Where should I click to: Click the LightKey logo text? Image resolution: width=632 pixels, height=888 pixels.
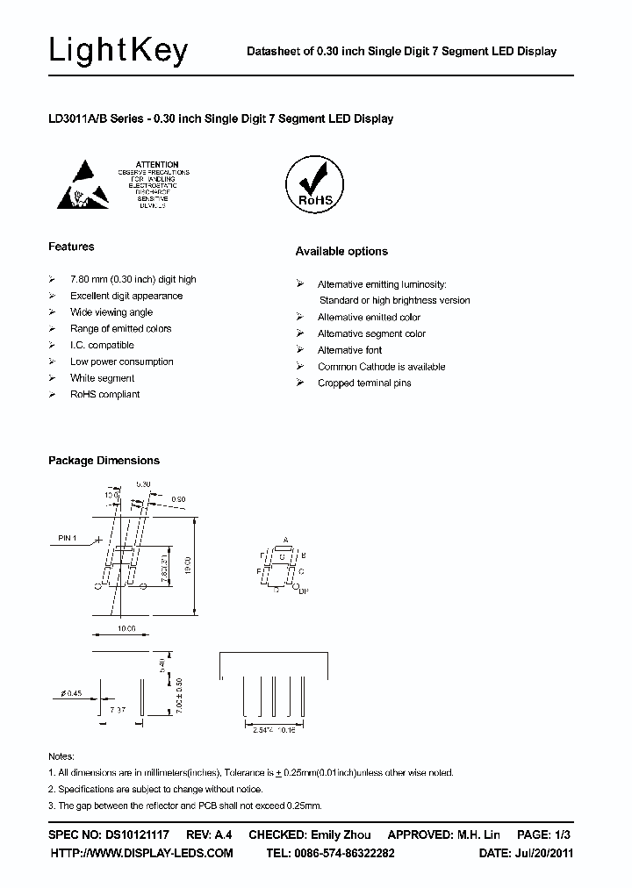(118, 53)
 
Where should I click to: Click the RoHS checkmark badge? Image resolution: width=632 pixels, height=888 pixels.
(316, 183)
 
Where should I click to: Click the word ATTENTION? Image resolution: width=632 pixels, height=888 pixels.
(158, 164)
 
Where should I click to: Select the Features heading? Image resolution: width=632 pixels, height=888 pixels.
(71, 247)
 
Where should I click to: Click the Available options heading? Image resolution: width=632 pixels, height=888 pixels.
(341, 251)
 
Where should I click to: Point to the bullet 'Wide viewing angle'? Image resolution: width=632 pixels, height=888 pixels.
(111, 312)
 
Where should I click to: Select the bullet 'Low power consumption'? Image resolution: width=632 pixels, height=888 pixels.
(121, 362)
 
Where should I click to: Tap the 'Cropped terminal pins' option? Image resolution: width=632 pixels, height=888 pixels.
(364, 383)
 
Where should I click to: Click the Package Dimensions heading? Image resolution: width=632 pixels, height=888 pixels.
(104, 461)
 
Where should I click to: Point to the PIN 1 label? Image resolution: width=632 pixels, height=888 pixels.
(68, 538)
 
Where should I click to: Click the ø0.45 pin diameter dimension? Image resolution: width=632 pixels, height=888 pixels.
(72, 693)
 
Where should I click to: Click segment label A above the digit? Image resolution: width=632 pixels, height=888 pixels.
(286, 540)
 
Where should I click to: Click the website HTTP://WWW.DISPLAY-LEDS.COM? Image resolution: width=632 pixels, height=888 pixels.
(141, 853)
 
